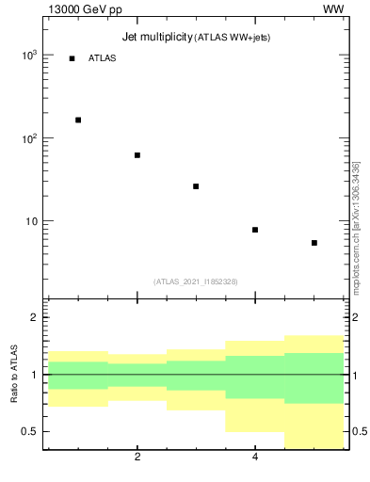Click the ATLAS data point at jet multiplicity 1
click(78, 120)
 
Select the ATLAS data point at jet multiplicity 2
click(137, 155)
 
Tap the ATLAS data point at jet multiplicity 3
click(196, 186)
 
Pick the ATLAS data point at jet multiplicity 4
click(255, 230)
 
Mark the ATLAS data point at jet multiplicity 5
click(314, 243)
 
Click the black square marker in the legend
click(72, 58)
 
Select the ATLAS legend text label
click(102, 58)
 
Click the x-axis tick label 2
click(137, 458)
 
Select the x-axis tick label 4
click(255, 458)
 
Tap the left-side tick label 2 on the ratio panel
click(34, 317)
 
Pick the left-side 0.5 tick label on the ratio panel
click(29, 432)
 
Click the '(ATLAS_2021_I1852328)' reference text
click(195, 281)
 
